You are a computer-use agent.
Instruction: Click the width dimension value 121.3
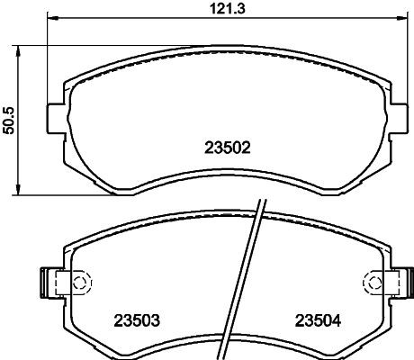point(219,9)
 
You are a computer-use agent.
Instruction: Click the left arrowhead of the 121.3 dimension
point(50,20)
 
